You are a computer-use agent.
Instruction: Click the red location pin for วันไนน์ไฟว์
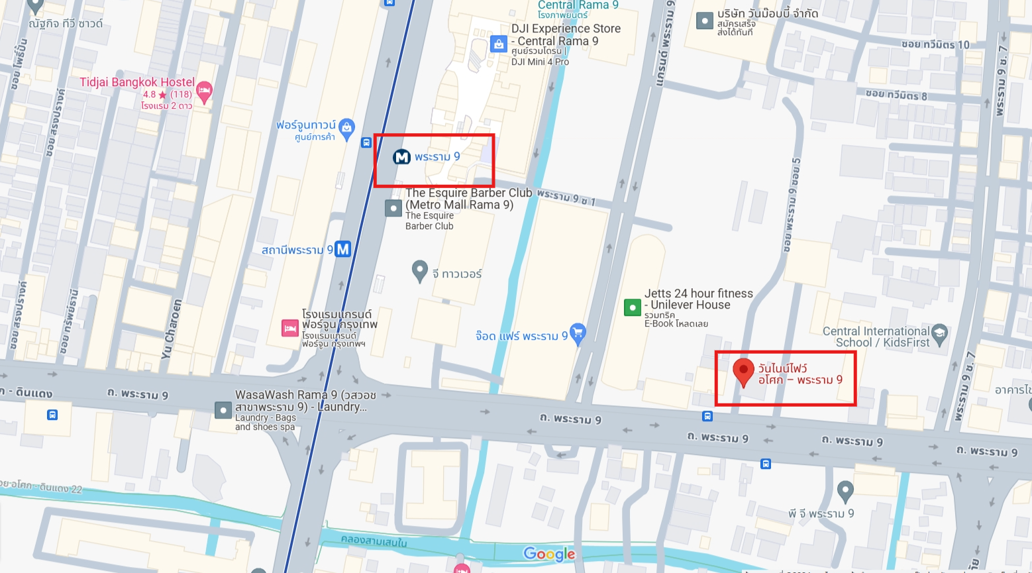(743, 370)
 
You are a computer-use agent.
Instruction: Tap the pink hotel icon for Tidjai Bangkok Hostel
(205, 91)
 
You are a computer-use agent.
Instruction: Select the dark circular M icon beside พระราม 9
(401, 157)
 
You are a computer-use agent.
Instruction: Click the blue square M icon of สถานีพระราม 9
(342, 250)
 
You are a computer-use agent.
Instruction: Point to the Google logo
(549, 554)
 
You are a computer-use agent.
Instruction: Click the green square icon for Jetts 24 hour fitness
(633, 307)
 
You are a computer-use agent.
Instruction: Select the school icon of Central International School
(939, 333)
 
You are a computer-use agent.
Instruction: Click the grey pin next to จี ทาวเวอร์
(419, 270)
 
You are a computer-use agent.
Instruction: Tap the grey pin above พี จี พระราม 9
(845, 491)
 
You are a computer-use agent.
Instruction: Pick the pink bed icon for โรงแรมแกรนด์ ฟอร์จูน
(289, 328)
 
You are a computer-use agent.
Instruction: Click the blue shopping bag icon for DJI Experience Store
(498, 44)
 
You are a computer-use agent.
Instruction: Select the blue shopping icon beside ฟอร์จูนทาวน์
(346, 128)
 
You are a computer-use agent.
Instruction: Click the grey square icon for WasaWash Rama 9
(223, 409)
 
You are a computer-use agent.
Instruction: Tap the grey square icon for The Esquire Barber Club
(393, 208)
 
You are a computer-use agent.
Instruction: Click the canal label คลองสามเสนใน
(374, 541)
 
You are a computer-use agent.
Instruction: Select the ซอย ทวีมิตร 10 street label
(935, 44)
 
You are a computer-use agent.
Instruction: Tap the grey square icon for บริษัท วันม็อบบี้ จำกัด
(705, 21)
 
